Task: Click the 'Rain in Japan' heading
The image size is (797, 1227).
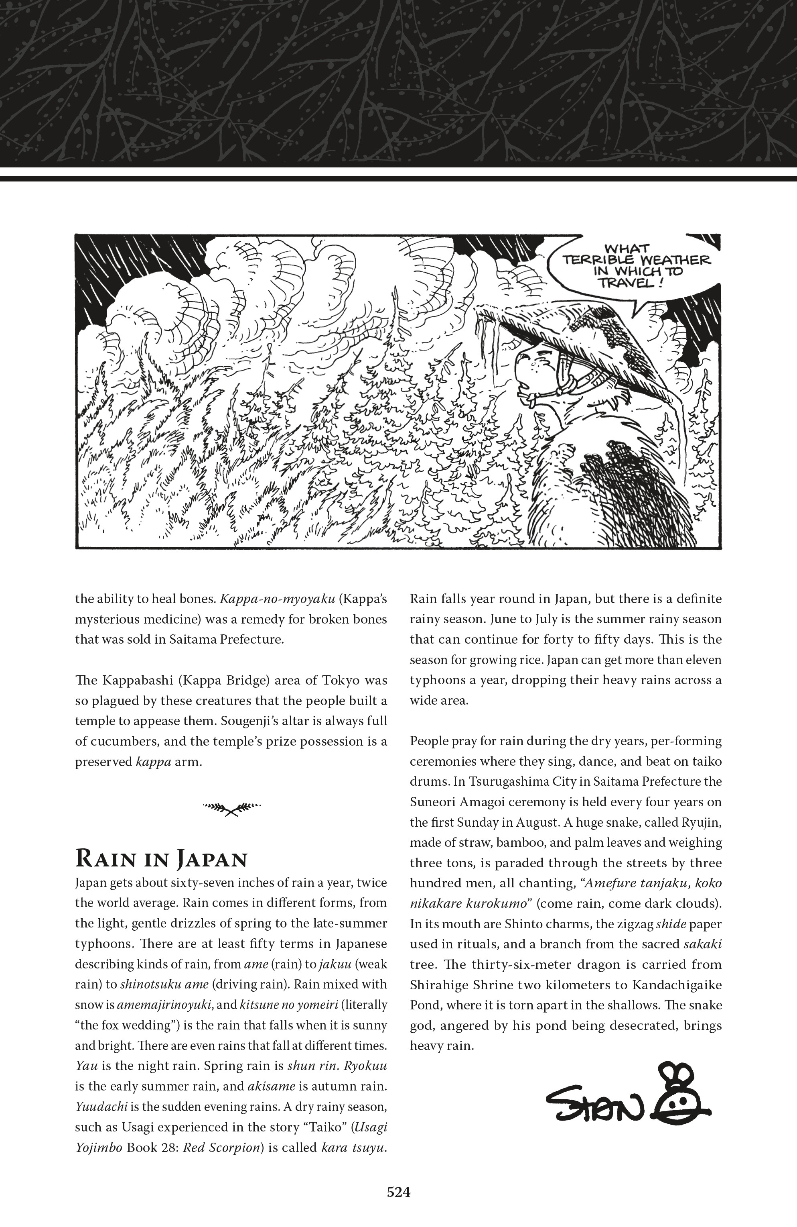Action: tap(161, 859)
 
